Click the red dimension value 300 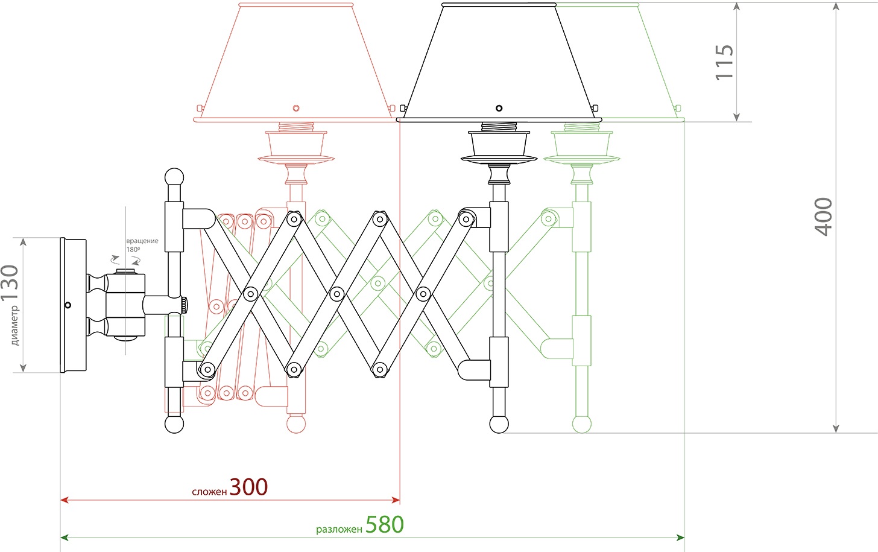click(x=248, y=487)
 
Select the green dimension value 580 click(x=385, y=524)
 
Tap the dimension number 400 click(x=823, y=217)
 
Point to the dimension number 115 click(x=724, y=62)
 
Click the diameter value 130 click(x=10, y=283)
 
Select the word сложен click(x=209, y=492)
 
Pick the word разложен click(x=339, y=529)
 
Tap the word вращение click(x=142, y=241)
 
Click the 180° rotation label click(x=133, y=249)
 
